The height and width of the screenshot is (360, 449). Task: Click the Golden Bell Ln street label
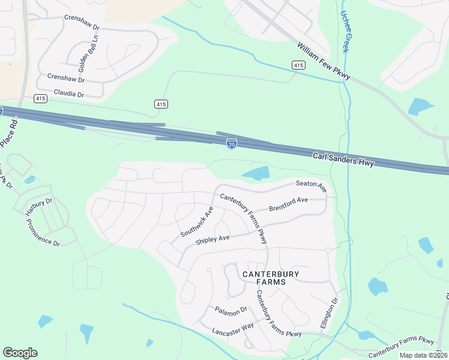[x=78, y=53]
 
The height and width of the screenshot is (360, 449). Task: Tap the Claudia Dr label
[x=69, y=93]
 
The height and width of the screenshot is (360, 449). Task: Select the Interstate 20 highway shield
[x=232, y=143]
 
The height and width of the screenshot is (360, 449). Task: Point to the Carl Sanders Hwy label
[x=343, y=159]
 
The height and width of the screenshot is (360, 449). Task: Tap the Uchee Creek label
[x=348, y=26]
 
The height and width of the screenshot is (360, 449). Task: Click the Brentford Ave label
[x=288, y=203]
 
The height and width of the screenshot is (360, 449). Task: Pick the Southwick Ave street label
[x=197, y=222]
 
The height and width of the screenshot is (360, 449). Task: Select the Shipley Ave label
[x=212, y=239]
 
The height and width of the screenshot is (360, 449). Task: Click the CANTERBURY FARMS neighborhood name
[x=270, y=278]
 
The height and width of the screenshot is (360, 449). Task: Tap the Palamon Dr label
[x=231, y=310]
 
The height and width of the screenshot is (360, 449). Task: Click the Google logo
[x=20, y=352]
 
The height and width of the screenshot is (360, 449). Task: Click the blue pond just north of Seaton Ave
[x=256, y=174]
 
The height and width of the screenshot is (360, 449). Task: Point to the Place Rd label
[x=9, y=132]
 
